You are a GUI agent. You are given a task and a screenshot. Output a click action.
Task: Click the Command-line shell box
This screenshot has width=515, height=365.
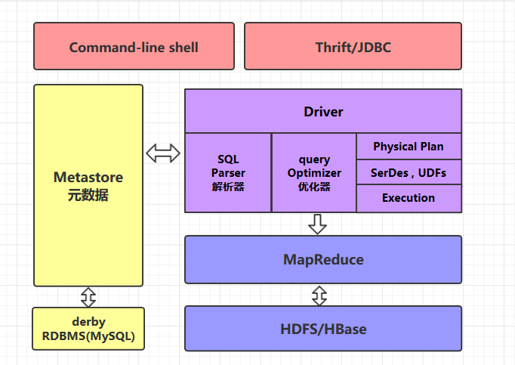pyautogui.click(x=134, y=47)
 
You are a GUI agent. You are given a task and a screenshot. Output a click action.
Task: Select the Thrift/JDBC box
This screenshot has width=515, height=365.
pyautogui.click(x=353, y=47)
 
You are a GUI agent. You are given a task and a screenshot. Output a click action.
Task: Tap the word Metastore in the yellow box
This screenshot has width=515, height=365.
pyautogui.click(x=88, y=178)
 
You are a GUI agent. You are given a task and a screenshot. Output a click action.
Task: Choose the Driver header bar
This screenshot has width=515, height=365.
pyautogui.click(x=323, y=112)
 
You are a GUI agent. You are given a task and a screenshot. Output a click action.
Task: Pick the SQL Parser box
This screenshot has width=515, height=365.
pyautogui.click(x=228, y=173)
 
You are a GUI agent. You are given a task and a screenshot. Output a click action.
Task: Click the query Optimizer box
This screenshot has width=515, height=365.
pyautogui.click(x=314, y=173)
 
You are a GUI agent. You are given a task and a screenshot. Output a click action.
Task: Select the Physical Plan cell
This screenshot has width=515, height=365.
pyautogui.click(x=409, y=147)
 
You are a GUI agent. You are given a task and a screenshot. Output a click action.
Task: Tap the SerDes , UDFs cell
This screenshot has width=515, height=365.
pyautogui.click(x=409, y=172)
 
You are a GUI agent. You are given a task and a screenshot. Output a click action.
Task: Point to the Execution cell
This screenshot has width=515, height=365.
pyautogui.click(x=409, y=198)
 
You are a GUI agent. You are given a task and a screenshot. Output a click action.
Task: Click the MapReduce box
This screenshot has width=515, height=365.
pyautogui.click(x=323, y=260)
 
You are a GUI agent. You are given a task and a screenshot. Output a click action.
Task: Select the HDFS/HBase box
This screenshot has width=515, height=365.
pyautogui.click(x=323, y=329)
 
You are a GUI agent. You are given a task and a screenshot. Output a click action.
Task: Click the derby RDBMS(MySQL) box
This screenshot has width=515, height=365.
pyautogui.click(x=88, y=329)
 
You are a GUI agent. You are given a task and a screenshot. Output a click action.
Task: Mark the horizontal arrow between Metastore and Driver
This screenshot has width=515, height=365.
pyautogui.click(x=164, y=153)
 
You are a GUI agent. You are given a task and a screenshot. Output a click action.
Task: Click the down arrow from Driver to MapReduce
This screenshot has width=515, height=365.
pyautogui.click(x=318, y=224)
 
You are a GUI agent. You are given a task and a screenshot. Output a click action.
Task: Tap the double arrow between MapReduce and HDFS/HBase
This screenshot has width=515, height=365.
pyautogui.click(x=319, y=295)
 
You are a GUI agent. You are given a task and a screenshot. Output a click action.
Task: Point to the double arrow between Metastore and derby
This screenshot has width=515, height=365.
pyautogui.click(x=88, y=296)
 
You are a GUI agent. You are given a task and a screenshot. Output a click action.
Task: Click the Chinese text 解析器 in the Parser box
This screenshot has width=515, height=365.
pyautogui.click(x=228, y=187)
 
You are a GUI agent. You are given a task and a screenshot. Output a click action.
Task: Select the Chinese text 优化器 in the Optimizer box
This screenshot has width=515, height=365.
pyautogui.click(x=314, y=187)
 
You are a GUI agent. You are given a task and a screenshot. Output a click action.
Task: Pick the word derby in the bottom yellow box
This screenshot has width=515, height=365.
pyautogui.click(x=88, y=322)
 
